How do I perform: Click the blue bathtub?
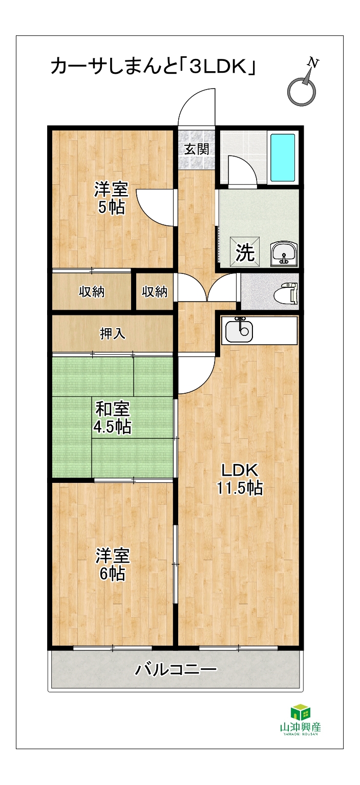[282, 157]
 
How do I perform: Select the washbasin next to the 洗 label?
[284, 252]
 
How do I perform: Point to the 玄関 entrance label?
[197, 150]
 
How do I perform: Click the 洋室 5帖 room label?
[111, 198]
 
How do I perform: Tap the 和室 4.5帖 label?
[112, 418]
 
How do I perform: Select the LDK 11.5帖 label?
[240, 478]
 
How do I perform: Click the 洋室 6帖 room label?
[113, 565]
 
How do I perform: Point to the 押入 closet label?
[113, 333]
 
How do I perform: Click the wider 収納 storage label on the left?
[92, 291]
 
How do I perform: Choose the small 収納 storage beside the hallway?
[155, 291]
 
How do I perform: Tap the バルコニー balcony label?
[176, 670]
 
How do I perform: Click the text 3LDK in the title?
[218, 67]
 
